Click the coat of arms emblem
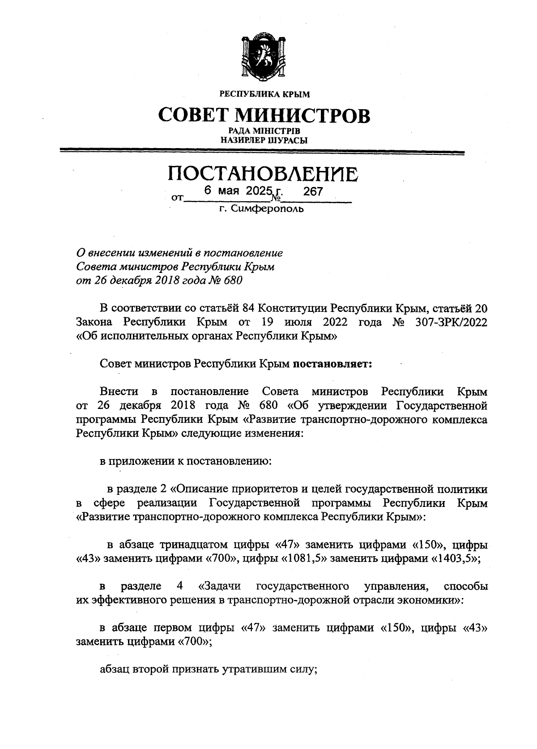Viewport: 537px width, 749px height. coord(263,57)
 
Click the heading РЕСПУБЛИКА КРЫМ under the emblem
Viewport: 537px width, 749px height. coord(264,94)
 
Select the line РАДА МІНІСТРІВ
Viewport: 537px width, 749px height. coord(264,131)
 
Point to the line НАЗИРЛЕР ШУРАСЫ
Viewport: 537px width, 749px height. coord(264,140)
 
